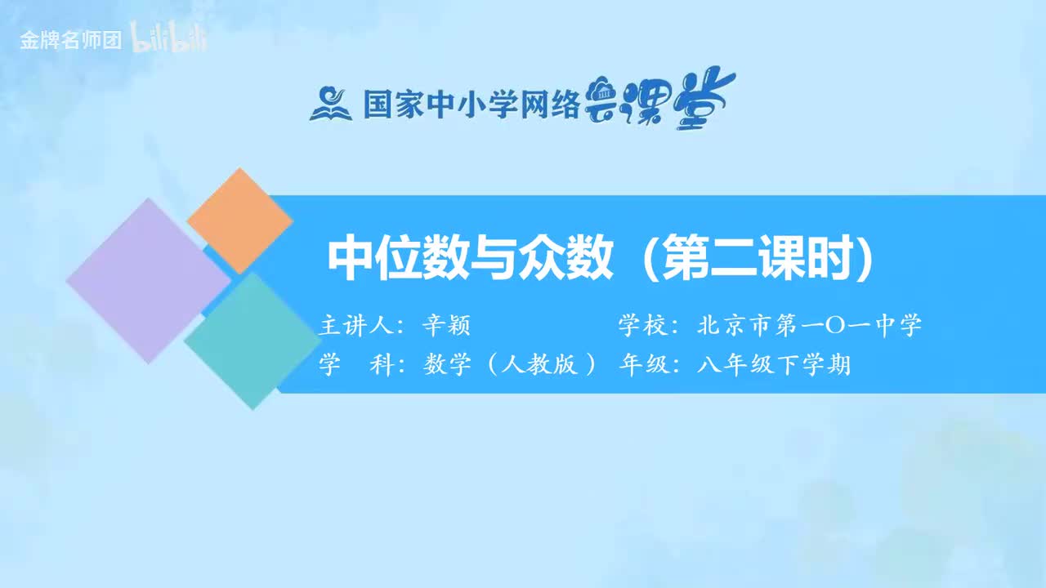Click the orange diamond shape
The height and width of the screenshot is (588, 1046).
pos(239,220)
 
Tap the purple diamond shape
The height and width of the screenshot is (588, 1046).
pos(148,280)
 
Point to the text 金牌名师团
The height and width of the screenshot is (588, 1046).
pos(70,42)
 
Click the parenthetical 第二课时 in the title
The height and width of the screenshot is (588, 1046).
pos(756,258)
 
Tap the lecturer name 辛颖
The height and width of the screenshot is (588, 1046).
pos(446,326)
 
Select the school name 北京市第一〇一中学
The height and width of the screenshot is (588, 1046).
pos(810,326)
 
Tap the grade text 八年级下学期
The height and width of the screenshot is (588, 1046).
pos(774,365)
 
